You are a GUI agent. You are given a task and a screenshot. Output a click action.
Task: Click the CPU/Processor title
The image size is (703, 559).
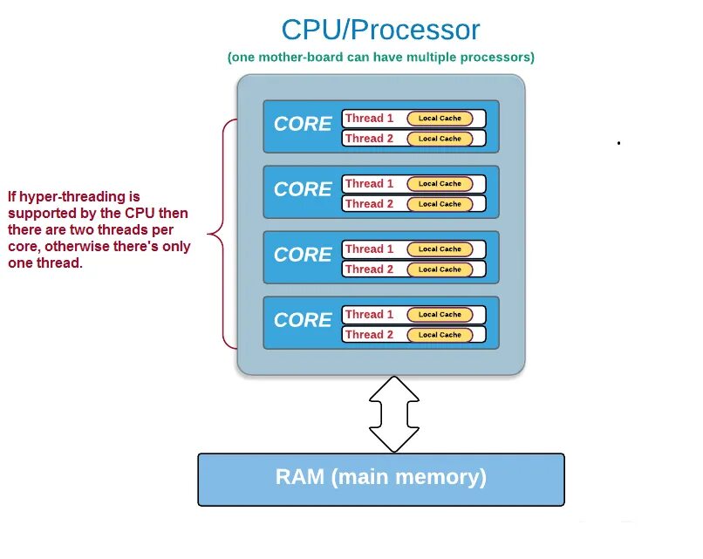tap(380, 30)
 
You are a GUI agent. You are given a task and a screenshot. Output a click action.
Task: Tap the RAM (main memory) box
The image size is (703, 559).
tap(381, 478)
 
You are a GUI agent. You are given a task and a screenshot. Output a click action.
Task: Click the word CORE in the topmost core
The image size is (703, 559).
tap(303, 124)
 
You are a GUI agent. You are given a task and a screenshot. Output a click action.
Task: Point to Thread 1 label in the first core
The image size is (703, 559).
tap(369, 119)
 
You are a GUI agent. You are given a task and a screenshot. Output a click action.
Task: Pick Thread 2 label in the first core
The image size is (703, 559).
tap(369, 139)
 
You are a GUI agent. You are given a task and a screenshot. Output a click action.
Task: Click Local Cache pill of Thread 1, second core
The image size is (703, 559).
tap(440, 184)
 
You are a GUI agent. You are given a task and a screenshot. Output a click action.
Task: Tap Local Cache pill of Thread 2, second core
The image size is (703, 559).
tap(440, 204)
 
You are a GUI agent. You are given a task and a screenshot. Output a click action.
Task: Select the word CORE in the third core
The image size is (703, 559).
tap(303, 255)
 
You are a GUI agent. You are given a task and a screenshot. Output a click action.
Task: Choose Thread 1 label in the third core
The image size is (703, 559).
tap(369, 249)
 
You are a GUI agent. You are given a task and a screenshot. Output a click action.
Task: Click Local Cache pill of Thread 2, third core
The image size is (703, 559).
tap(440, 269)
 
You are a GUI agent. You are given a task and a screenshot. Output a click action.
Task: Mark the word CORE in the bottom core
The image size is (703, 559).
tap(303, 320)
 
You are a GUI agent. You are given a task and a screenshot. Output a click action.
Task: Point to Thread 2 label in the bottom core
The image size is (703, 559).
tap(369, 335)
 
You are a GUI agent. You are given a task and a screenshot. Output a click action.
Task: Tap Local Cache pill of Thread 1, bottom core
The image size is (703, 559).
tap(440, 315)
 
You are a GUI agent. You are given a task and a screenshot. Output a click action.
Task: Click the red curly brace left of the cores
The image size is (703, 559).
tap(222, 233)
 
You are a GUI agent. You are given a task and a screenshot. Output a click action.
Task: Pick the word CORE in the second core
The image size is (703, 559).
tap(303, 189)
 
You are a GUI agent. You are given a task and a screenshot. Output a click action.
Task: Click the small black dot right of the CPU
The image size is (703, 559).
tap(618, 142)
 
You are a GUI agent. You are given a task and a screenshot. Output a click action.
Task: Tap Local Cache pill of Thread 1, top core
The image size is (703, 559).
tap(440, 119)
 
